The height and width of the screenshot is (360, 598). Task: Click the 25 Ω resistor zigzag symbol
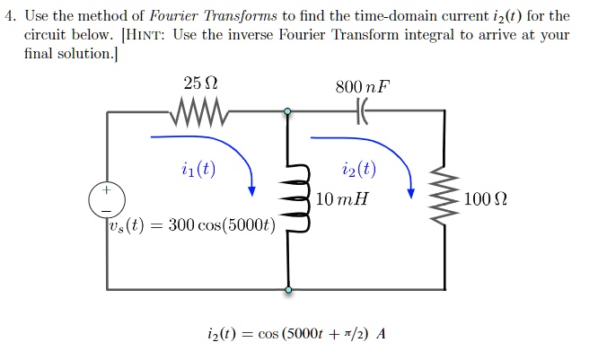[198, 111]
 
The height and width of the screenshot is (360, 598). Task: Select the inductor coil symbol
[295, 198]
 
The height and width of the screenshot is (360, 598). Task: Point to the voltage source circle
[107, 200]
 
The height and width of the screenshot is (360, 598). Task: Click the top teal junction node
[287, 111]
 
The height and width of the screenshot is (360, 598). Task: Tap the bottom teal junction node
[288, 290]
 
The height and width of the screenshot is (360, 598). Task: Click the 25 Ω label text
[200, 83]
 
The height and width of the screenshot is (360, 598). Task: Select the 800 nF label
[363, 86]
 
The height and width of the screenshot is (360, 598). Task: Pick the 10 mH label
[342, 198]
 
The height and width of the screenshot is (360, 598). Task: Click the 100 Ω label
[485, 198]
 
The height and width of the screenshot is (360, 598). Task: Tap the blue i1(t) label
[198, 169]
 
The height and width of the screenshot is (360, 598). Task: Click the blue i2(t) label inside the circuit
[359, 169]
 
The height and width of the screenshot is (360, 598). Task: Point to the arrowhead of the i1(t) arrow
[251, 191]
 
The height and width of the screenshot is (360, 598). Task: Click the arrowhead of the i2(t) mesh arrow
[410, 193]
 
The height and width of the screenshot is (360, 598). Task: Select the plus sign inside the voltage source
[107, 189]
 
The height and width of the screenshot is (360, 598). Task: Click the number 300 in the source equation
[181, 225]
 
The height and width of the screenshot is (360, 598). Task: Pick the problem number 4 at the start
[9, 16]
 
